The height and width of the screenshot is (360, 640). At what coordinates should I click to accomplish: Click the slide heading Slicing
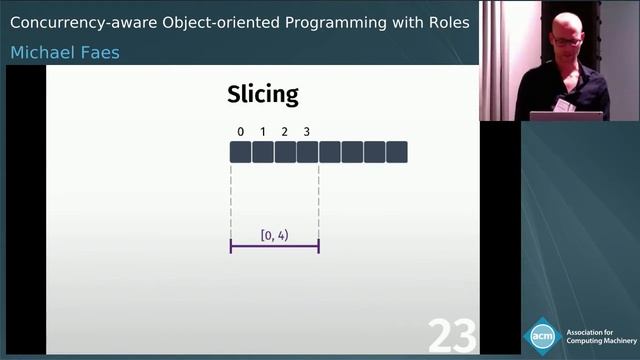(x=263, y=95)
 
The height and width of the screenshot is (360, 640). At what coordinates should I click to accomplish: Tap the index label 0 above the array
(x=240, y=132)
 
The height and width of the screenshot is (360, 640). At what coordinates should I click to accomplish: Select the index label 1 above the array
(x=262, y=132)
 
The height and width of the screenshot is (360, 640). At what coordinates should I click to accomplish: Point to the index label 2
(x=285, y=132)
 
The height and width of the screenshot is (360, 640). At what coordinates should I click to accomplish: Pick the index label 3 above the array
(x=307, y=132)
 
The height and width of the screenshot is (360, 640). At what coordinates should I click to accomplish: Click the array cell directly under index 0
(x=240, y=152)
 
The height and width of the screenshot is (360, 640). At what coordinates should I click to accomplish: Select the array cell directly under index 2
(x=285, y=152)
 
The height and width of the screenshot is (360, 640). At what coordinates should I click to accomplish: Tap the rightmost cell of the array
(x=397, y=152)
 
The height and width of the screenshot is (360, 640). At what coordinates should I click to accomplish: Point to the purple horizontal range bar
(x=274, y=246)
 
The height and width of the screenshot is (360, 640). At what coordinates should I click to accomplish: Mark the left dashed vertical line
(x=231, y=200)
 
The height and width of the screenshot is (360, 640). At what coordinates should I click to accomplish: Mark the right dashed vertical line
(x=318, y=200)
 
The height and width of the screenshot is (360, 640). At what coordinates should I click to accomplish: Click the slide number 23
(x=452, y=337)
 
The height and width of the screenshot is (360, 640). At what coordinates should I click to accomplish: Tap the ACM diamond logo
(x=542, y=335)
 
